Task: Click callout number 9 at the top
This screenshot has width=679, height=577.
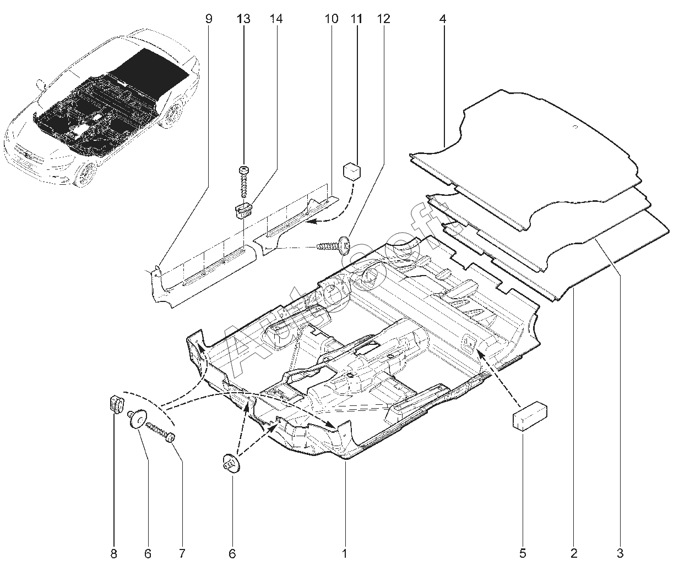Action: (209, 19)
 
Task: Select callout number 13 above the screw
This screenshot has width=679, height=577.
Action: (243, 19)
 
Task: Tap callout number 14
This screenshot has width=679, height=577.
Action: (276, 19)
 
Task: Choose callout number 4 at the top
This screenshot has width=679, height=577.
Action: (443, 19)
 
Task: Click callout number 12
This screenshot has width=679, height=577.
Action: (383, 19)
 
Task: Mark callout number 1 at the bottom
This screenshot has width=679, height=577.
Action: (345, 553)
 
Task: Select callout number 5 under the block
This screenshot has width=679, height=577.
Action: (523, 553)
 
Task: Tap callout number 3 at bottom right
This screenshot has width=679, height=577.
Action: (620, 553)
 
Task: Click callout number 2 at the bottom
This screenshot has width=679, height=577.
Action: (574, 553)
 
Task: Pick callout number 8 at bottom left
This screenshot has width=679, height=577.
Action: (114, 553)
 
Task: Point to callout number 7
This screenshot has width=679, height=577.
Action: (181, 553)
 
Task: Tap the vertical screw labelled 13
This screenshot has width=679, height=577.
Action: (243, 182)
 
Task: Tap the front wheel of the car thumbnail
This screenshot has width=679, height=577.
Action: (87, 173)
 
